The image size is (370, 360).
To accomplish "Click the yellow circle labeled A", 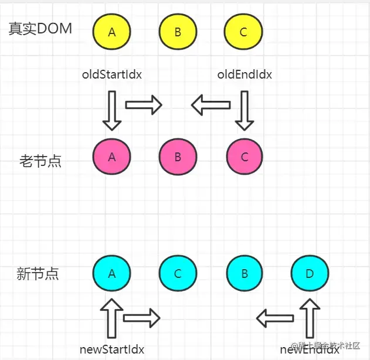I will pos(112,32).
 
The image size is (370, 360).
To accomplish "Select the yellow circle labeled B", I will pos(178,32).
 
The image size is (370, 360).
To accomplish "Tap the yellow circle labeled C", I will pos(243,32).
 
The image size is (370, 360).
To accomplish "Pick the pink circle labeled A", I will pos(112,157).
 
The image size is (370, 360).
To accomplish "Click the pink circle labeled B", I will pos(178,157).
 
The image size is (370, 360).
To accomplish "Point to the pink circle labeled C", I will pos(245,157).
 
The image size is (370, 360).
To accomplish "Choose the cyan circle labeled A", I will pos(112,273).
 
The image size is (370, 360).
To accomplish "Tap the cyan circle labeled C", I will pos(178,273).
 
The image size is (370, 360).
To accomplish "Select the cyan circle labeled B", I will pos(245,273).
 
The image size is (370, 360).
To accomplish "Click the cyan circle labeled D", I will pos(310,273).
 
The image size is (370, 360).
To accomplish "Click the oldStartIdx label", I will pos(112,75).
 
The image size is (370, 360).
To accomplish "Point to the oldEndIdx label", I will pos(245,75).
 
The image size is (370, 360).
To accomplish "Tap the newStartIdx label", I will pos(112,349).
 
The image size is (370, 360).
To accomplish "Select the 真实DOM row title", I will pos(40,29).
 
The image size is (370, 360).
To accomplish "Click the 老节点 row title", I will pos(40,161).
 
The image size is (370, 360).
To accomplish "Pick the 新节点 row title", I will pos(38,273).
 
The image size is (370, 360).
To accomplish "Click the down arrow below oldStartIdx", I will pos(112,111).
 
